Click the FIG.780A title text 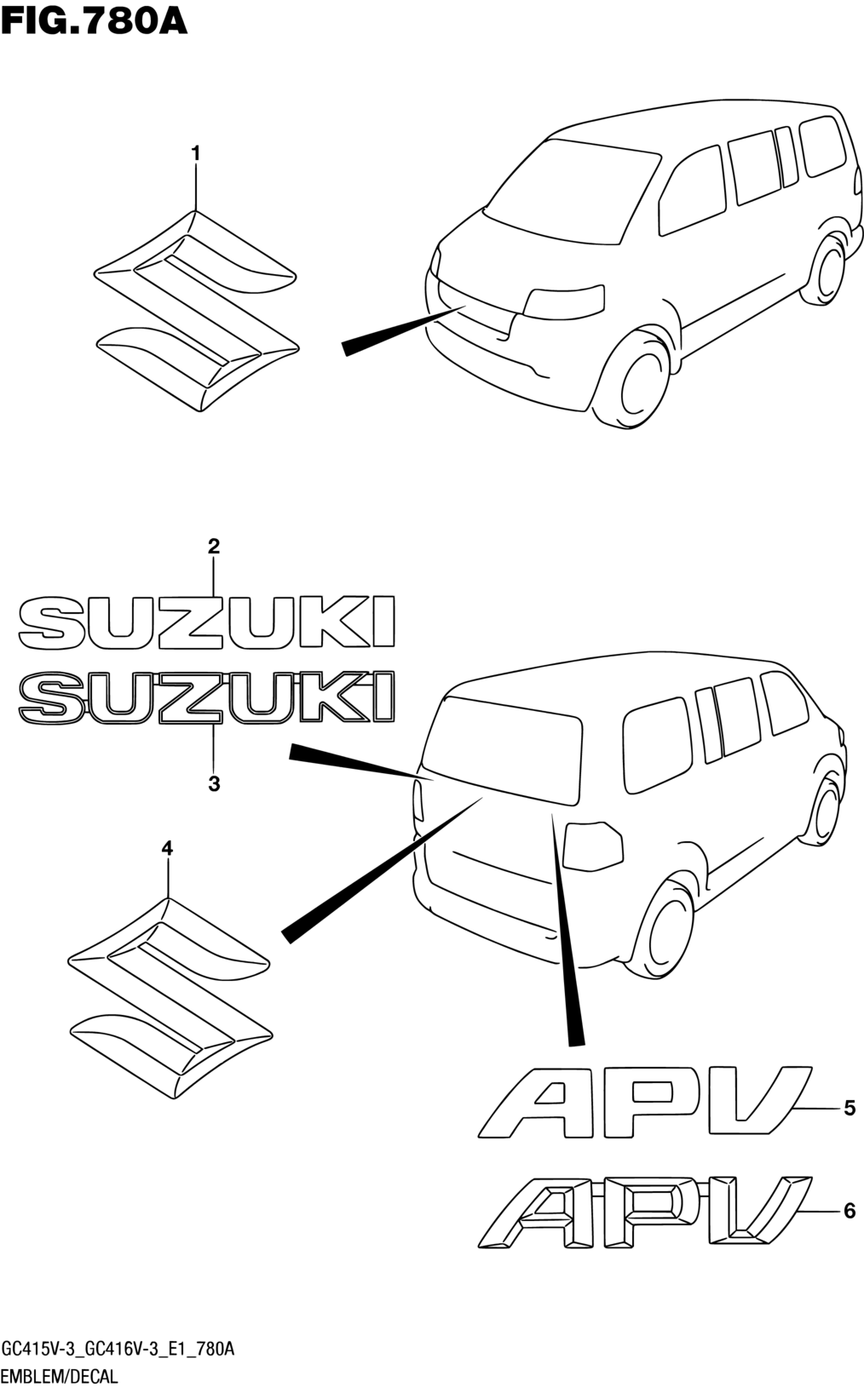(x=94, y=19)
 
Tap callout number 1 (x=196, y=154)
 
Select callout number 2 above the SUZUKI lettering (x=214, y=547)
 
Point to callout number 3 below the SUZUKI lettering (x=214, y=783)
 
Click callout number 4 (x=167, y=848)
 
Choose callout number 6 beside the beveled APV (x=849, y=1210)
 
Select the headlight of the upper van (x=563, y=301)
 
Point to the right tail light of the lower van (x=594, y=846)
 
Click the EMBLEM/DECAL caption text (x=60, y=1377)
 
